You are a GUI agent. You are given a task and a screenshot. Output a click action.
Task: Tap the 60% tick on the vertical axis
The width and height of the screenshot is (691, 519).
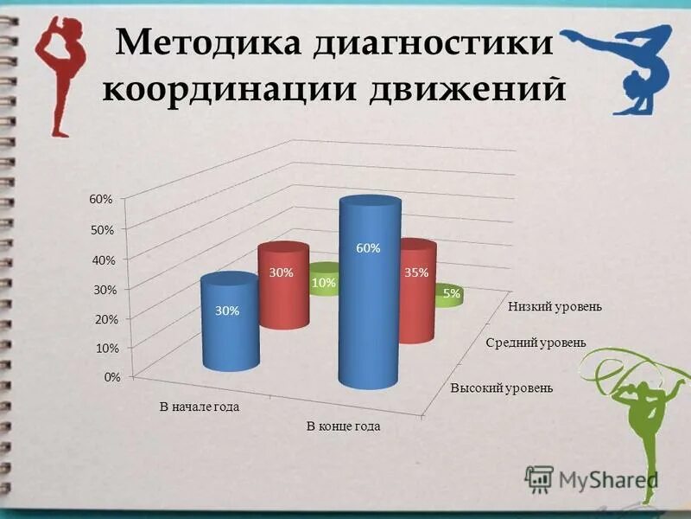pos(101,199)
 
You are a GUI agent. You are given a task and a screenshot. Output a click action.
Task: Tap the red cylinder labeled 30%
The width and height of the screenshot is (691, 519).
pos(282,285)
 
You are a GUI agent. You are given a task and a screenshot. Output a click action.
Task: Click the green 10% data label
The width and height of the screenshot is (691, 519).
pos(324,282)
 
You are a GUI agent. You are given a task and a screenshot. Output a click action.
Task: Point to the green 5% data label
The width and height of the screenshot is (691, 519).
pos(451,294)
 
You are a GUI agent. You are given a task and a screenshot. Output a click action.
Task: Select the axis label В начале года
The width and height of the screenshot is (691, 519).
pos(199,406)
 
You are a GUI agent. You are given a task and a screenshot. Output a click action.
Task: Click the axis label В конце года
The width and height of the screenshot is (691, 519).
pos(343,426)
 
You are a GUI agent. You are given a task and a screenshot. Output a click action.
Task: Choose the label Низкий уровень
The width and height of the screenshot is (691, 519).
pos(555,306)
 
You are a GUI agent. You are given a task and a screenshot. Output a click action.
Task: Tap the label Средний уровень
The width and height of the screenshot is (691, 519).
pos(536,343)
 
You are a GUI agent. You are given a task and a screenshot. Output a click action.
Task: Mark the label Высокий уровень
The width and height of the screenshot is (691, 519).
pos(501,388)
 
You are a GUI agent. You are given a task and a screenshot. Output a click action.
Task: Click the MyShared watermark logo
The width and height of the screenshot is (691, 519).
pos(592,478)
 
